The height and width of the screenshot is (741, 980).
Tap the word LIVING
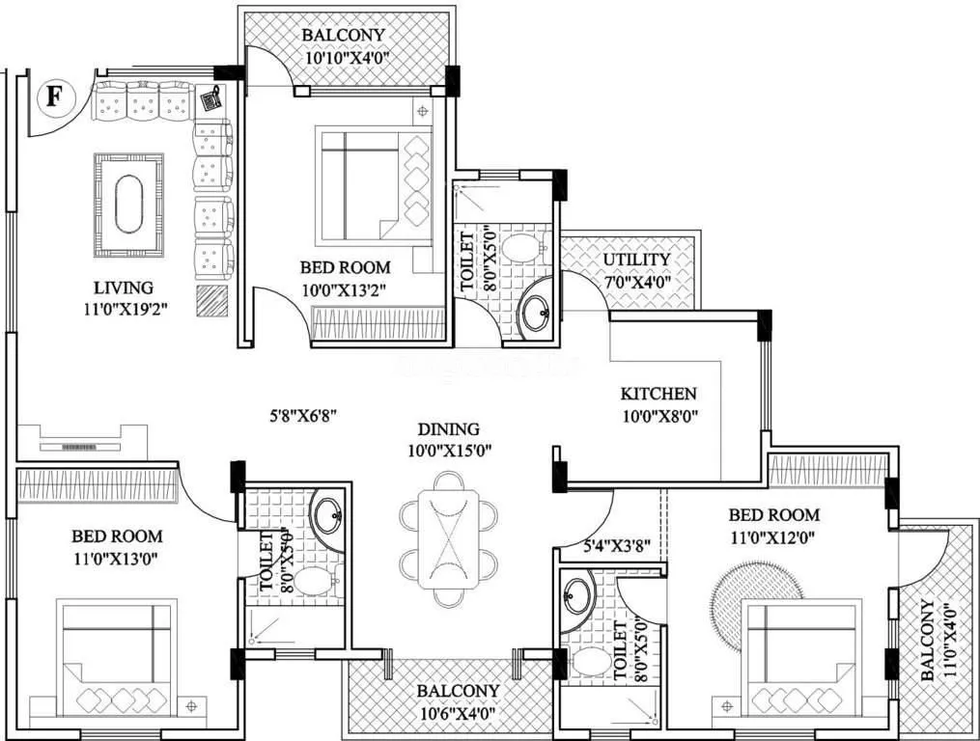[x=123, y=288]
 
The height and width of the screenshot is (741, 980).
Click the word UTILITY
[x=636, y=261]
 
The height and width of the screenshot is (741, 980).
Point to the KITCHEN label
[x=658, y=394]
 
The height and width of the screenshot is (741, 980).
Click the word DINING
[x=448, y=429]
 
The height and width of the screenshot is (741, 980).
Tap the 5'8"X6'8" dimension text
[x=302, y=417]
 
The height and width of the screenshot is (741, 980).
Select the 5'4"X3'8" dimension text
[x=616, y=544]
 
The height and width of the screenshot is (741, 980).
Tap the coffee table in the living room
[x=128, y=204]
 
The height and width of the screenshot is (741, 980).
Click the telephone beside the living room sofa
[x=210, y=96]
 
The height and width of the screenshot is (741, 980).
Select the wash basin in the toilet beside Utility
[x=534, y=314]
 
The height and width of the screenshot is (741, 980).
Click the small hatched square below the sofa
[x=212, y=301]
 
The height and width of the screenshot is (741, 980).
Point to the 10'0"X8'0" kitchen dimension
[x=658, y=416]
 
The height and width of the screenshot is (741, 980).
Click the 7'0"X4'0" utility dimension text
[x=636, y=282]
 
